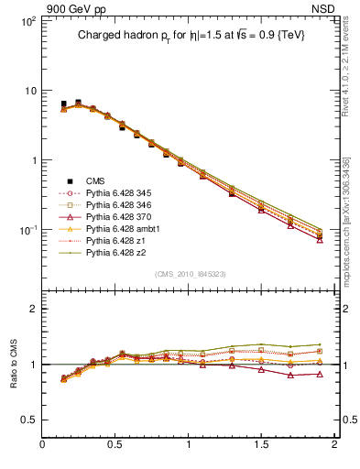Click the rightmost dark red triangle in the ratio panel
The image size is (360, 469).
[x=320, y=374]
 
